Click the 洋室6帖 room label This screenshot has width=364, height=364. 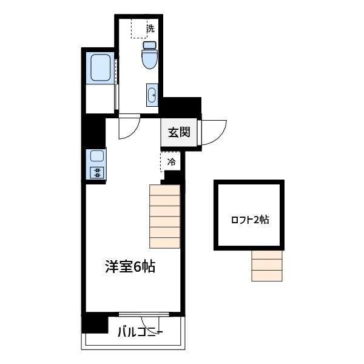click(130, 267)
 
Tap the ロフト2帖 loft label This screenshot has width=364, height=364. click(250, 220)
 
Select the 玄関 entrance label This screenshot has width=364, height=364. click(179, 132)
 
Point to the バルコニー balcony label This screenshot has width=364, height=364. click(139, 332)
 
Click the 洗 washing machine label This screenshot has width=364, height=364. click(150, 28)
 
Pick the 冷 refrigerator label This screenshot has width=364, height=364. click(172, 162)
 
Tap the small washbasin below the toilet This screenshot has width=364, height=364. click(152, 95)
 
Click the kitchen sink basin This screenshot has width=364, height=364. click(97, 156)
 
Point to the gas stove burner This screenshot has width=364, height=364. click(97, 172)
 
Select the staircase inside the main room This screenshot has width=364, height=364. click(164, 217)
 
